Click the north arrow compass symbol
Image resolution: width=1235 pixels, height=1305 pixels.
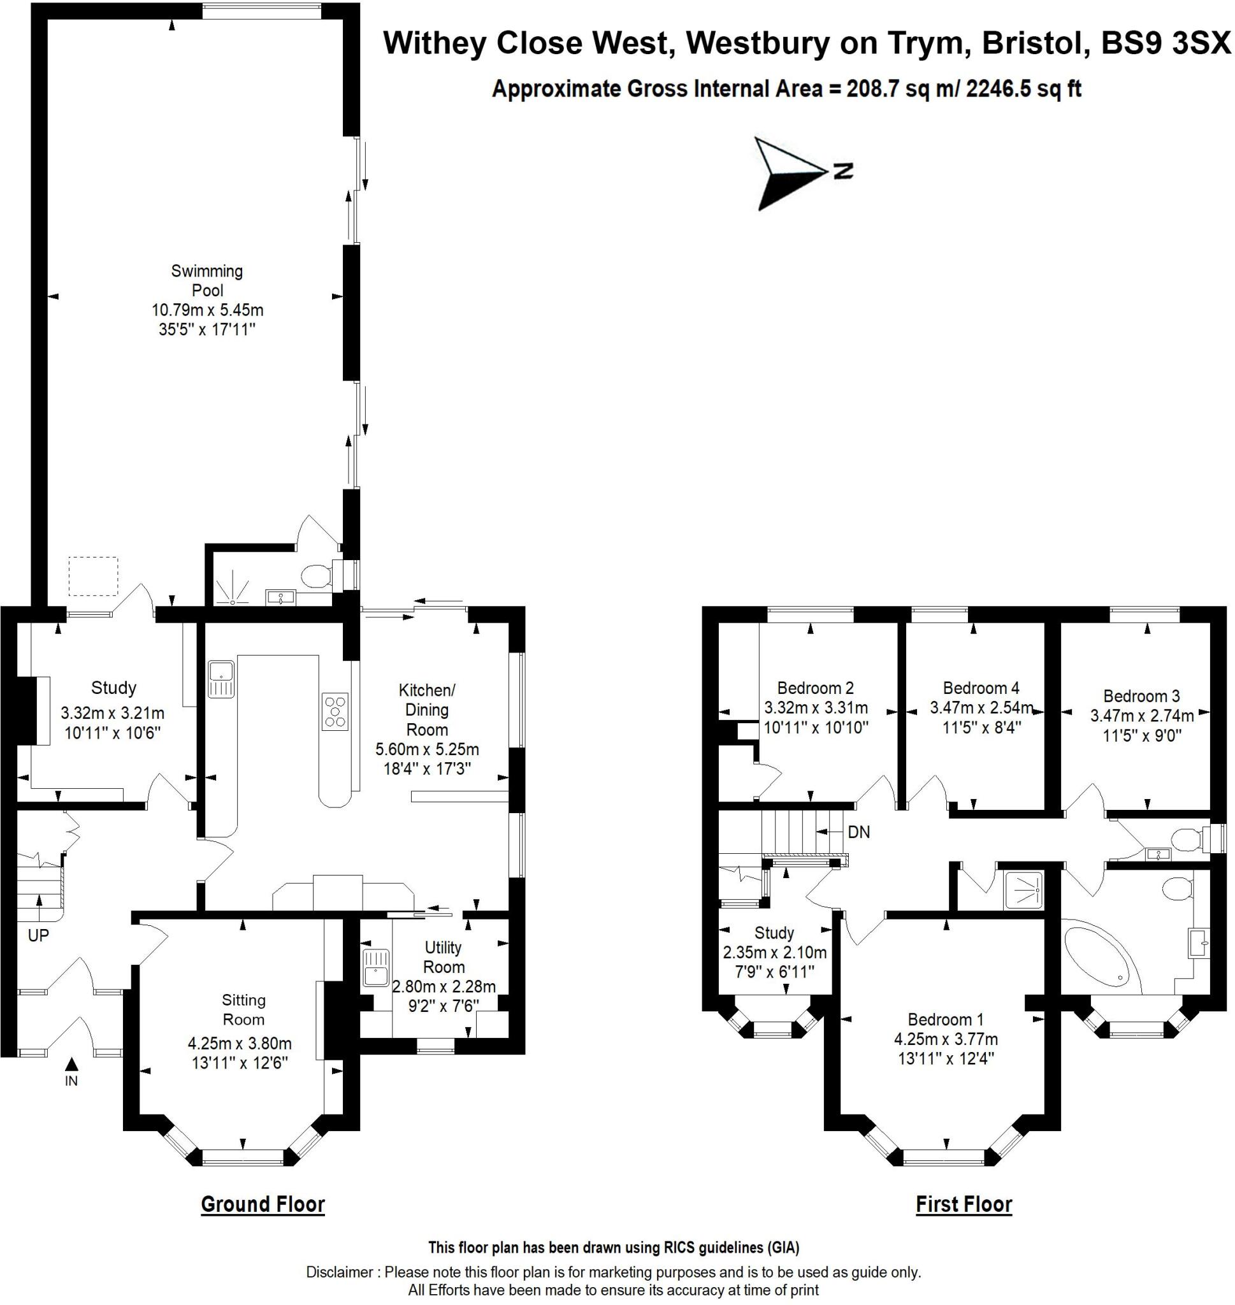[793, 173]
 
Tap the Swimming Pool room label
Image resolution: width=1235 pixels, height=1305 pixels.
[207, 280]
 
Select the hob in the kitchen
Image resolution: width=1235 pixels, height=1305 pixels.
[335, 711]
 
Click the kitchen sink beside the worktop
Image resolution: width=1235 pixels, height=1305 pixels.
[221, 679]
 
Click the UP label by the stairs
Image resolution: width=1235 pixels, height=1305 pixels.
[38, 935]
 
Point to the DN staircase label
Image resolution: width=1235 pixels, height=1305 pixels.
[858, 832]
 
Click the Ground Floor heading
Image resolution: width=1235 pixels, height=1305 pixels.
[263, 1204]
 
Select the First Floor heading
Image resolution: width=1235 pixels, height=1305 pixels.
[963, 1204]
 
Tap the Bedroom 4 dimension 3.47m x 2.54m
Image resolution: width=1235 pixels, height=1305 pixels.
[981, 708]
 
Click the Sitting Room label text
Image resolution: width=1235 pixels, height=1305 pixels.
[243, 1009]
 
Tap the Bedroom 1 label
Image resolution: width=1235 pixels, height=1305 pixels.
[945, 1020]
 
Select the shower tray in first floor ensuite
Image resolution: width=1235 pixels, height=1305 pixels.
[1023, 890]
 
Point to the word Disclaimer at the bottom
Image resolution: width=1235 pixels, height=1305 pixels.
[339, 1272]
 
